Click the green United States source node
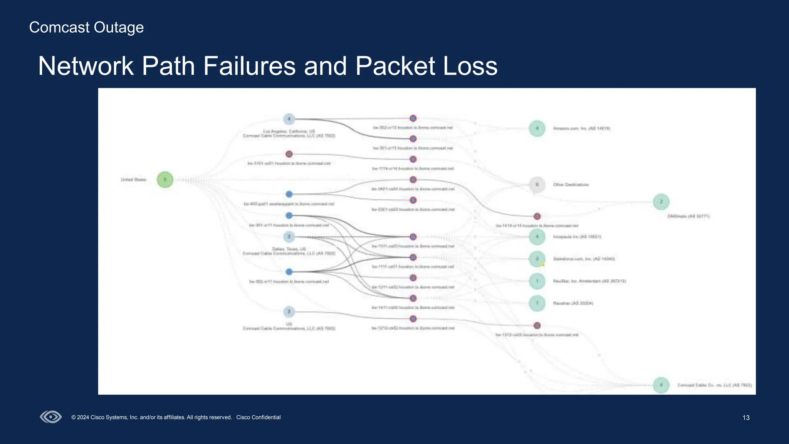click(165, 180)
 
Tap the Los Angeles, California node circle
click(289, 119)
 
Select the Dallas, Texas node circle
click(289, 237)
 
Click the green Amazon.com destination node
click(537, 128)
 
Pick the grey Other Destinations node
click(537, 185)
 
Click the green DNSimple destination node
click(661, 202)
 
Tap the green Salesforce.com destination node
click(537, 259)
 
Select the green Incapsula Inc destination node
click(537, 237)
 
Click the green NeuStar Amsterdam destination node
click(537, 281)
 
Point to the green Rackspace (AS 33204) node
click(537, 303)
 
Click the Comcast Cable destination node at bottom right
click(661, 385)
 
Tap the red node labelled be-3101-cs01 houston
click(289, 154)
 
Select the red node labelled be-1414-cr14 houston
click(537, 216)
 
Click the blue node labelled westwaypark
click(289, 194)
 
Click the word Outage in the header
click(119, 27)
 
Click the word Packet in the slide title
click(395, 66)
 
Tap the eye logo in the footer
click(51, 417)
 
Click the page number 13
click(746, 418)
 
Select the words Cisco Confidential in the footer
click(258, 417)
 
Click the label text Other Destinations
click(571, 185)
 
